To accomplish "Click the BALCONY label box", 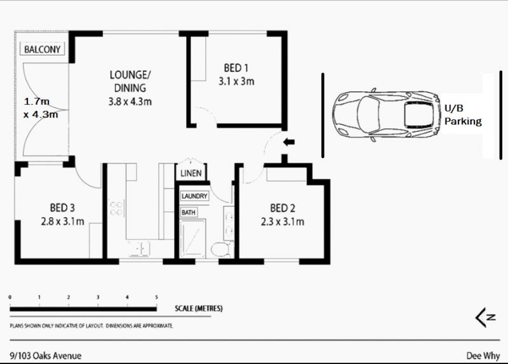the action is (x=43, y=50).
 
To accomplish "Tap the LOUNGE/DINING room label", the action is (x=130, y=81).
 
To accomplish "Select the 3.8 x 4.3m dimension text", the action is (x=130, y=102).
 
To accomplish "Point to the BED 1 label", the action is (x=236, y=68).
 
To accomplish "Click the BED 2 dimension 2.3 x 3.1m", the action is (x=283, y=222).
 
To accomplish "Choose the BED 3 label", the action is (x=62, y=208).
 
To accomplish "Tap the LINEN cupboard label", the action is (x=191, y=173).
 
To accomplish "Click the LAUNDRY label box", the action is (x=194, y=196).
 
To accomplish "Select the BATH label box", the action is (x=189, y=212).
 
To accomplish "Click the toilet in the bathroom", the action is (x=221, y=249).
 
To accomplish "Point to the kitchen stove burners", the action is (x=116, y=208).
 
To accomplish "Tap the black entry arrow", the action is (x=289, y=142).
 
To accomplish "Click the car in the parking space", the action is (x=387, y=114).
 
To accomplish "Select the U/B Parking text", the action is (x=463, y=115).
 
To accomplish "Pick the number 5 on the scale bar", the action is (x=156, y=297).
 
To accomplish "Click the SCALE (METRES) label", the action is (x=199, y=308).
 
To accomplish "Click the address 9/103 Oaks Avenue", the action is (x=46, y=356).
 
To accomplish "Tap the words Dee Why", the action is (x=483, y=356).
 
